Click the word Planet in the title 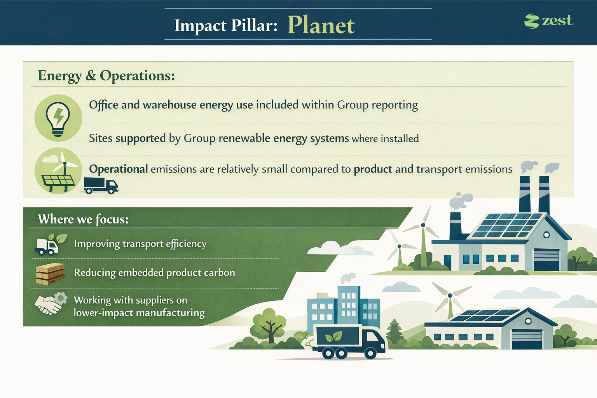pyautogui.click(x=321, y=25)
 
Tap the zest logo pyautogui.click(x=549, y=21)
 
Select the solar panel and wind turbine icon pyautogui.click(x=58, y=171)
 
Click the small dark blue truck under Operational pyautogui.click(x=101, y=185)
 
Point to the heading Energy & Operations pyautogui.click(x=106, y=76)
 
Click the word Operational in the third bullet pyautogui.click(x=118, y=169)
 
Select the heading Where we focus pyautogui.click(x=83, y=219)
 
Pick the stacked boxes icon pyautogui.click(x=51, y=274)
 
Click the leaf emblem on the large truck pyautogui.click(x=334, y=337)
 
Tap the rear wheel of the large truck pyautogui.click(x=328, y=353)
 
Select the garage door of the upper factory pyautogui.click(x=546, y=260)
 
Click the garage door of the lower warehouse pyautogui.click(x=527, y=339)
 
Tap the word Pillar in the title pyautogui.click(x=254, y=26)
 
